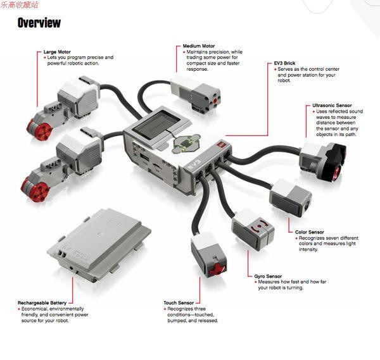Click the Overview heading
tap(39, 23)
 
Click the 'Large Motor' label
tap(57, 52)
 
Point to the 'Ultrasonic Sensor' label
tap(332, 106)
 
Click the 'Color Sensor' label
tap(310, 232)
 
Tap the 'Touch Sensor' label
tap(179, 303)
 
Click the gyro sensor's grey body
tap(253, 227)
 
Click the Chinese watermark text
tap(20, 4)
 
